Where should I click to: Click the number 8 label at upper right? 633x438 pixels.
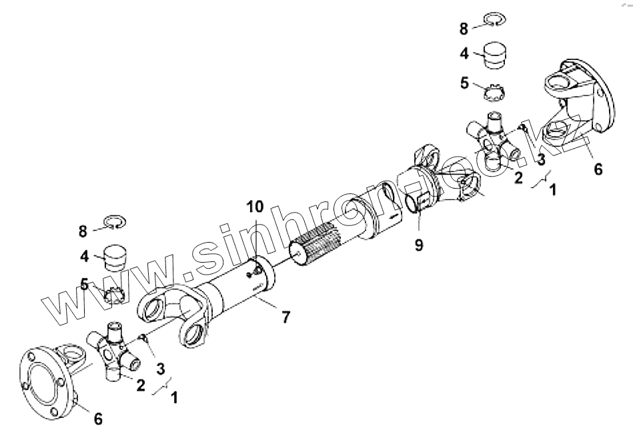tap(463, 29)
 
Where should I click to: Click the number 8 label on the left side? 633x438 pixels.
tap(83, 231)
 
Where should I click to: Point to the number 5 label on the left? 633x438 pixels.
tap(84, 285)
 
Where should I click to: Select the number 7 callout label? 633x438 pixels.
tap(285, 317)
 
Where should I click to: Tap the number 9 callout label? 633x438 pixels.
tap(418, 245)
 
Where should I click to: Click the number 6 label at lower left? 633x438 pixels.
tap(98, 419)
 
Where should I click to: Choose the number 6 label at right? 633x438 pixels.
tap(598, 169)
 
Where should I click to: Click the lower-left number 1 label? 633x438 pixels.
tap(174, 398)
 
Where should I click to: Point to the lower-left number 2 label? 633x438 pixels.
tap(141, 385)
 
